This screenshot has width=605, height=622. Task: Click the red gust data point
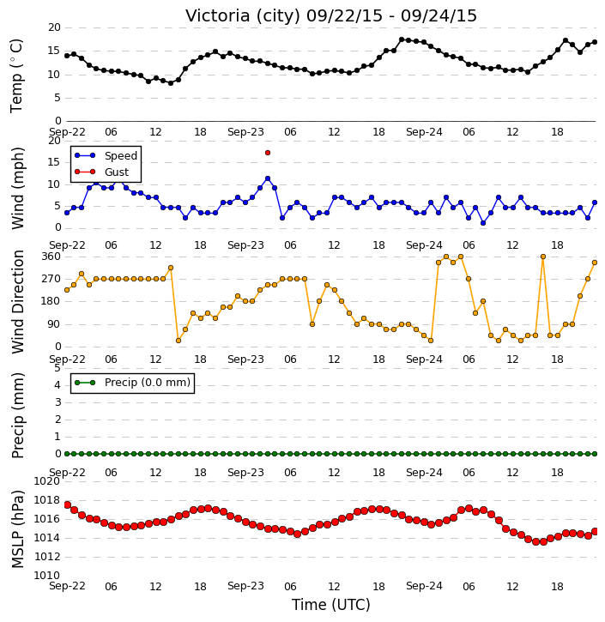tap(268, 153)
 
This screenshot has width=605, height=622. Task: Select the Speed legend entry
tap(106, 155)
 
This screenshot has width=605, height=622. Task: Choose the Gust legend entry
tap(101, 172)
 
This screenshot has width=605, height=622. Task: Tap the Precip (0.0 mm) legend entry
tap(132, 383)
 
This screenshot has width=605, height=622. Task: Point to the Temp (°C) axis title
tap(16, 75)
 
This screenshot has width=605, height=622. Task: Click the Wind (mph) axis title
tap(18, 188)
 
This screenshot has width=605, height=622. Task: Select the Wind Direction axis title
tap(18, 301)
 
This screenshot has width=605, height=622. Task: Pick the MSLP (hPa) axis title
tap(18, 529)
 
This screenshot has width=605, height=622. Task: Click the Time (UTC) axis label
tap(331, 605)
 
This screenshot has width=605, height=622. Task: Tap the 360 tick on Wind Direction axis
tap(51, 257)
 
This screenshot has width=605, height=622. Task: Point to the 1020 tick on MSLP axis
tap(47, 481)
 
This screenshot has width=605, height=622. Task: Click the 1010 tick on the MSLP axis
tap(47, 575)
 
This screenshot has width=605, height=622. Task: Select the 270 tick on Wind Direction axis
tap(51, 279)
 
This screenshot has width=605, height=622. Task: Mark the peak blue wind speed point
tap(268, 178)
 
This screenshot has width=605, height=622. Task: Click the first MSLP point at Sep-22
tap(68, 505)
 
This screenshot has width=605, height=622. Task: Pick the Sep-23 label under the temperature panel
tap(245, 132)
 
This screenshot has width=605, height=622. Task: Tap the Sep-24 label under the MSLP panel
tap(424, 586)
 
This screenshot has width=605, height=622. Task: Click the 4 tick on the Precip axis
tap(57, 385)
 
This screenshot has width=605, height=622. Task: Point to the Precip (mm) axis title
tap(18, 416)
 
